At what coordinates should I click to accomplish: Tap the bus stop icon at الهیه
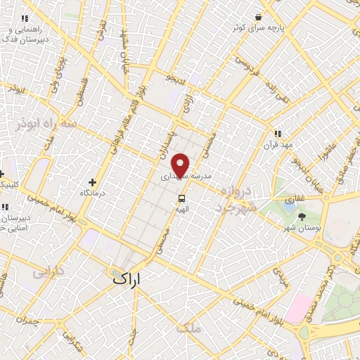(x=182, y=199)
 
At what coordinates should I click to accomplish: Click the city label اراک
(x=126, y=278)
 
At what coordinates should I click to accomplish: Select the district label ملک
(x=190, y=328)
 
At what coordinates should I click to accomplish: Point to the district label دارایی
(x=49, y=271)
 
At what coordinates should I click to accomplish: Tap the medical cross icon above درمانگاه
(x=93, y=182)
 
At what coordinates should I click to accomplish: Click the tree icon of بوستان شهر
(x=302, y=217)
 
